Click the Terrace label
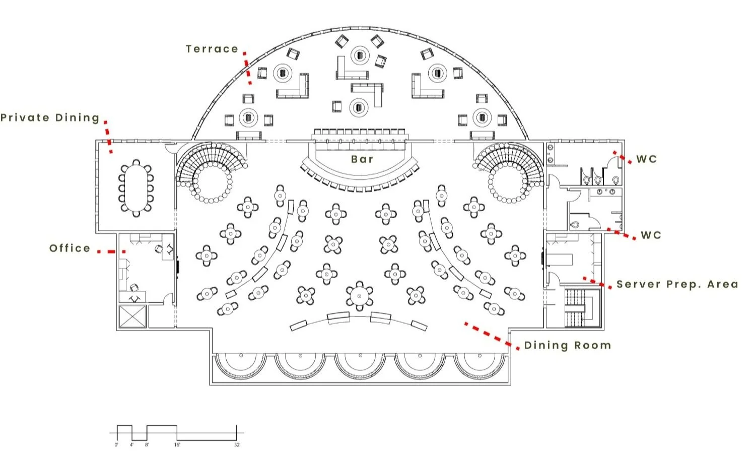[212, 49]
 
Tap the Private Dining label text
[50, 118]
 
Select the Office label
[70, 248]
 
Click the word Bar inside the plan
[362, 159]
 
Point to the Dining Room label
[568, 345]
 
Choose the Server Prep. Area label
[677, 284]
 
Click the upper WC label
[647, 159]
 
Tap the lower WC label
[651, 235]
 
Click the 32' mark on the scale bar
[237, 445]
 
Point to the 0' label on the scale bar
[116, 445]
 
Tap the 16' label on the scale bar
[177, 445]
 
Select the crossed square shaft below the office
[132, 316]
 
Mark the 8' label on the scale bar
[147, 445]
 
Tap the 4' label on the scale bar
[132, 445]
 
